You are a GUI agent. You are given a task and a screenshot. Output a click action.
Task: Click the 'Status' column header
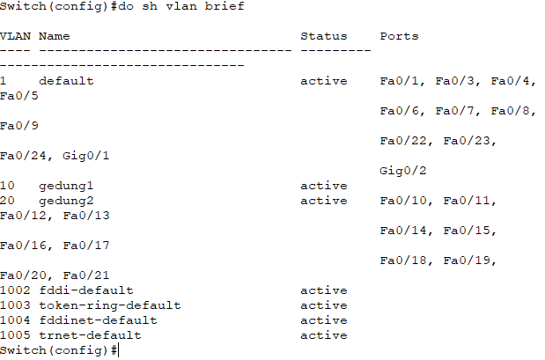pyautogui.click(x=323, y=36)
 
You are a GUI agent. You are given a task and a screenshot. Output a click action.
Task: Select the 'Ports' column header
pyautogui.click(x=399, y=36)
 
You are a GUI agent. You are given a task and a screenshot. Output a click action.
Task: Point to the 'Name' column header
pyautogui.click(x=54, y=36)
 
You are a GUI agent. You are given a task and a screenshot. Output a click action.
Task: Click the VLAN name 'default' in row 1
pyautogui.click(x=65, y=81)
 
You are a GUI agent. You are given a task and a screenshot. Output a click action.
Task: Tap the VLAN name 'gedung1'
pyautogui.click(x=65, y=186)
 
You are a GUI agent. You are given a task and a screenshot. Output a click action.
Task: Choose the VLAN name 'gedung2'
pyautogui.click(x=65, y=201)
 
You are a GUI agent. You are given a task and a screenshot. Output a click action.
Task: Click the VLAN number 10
pyautogui.click(x=7, y=186)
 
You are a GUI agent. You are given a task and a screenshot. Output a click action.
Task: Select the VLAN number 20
pyautogui.click(x=7, y=201)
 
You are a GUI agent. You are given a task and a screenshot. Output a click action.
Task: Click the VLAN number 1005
pyautogui.click(x=14, y=335)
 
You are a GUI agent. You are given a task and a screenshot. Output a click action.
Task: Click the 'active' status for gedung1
pyautogui.click(x=323, y=186)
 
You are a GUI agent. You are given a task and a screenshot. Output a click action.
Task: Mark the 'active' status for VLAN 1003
pyautogui.click(x=323, y=305)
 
